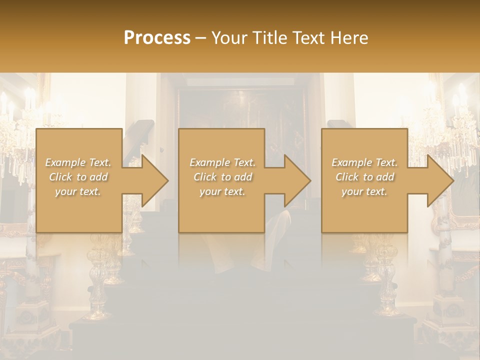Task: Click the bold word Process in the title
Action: [x=157, y=38]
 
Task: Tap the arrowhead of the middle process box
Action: [x=296, y=180]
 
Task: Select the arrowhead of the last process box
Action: [x=439, y=180]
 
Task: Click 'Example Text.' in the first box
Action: [x=78, y=162]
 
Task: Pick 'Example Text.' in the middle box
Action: [x=222, y=162]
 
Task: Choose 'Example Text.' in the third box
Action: [x=364, y=162]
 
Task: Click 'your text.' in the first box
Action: [x=77, y=191]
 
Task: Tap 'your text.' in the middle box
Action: [x=222, y=191]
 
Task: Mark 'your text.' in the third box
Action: [x=364, y=191]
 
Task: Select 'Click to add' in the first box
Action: [x=78, y=177]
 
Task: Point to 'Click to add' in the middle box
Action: [x=222, y=177]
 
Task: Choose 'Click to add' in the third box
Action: [x=365, y=177]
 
